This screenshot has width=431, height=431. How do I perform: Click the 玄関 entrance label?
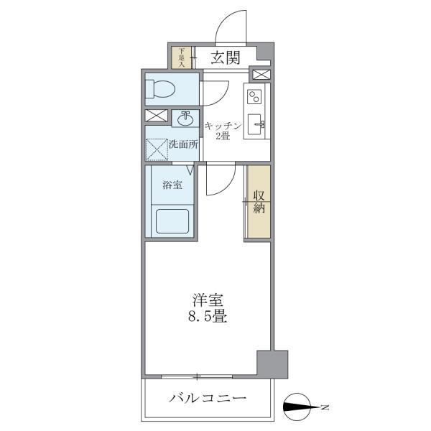225,58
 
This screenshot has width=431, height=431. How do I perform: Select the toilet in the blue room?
159,89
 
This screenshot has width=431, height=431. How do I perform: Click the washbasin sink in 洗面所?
185,116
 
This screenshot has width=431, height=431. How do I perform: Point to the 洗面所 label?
183,144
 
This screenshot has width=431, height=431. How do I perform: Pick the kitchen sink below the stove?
255,124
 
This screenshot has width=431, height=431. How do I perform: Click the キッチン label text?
222,125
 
